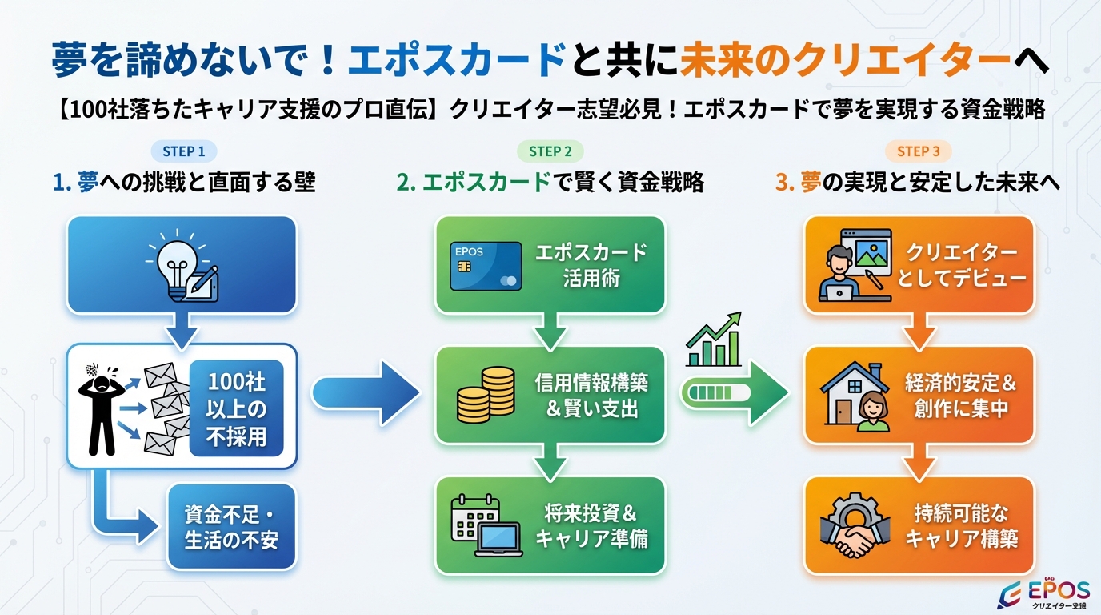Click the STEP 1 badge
point(184,151)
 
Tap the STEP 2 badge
point(550,151)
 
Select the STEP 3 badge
point(918,151)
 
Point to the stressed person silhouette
point(102,405)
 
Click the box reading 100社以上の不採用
point(236,408)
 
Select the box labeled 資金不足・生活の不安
point(231,526)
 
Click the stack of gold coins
point(486,395)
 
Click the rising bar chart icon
point(714,340)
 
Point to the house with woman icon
point(856,396)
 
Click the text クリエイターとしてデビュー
point(961,265)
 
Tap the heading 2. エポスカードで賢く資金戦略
point(550,183)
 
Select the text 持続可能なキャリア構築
point(961,525)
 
